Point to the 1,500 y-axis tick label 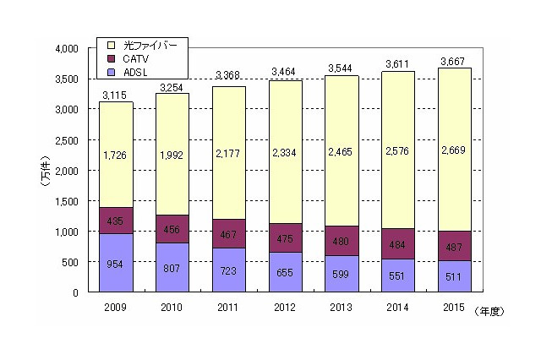tap(64, 201)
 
